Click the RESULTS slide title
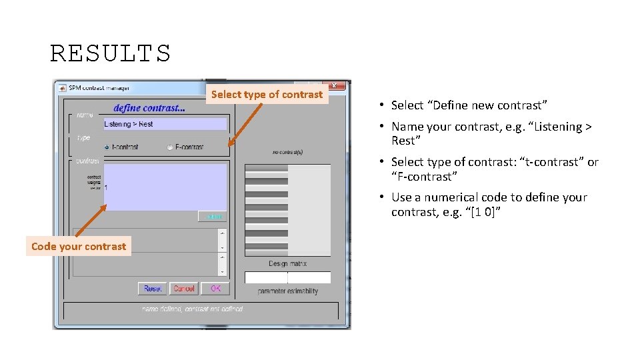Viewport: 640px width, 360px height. (111, 53)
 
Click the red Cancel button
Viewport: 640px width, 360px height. (183, 289)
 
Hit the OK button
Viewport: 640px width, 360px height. (215, 289)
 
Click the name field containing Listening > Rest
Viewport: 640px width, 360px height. (165, 124)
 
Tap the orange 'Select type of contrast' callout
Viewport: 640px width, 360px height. (267, 95)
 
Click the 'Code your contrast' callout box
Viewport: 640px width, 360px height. (79, 247)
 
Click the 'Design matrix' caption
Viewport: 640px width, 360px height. (287, 264)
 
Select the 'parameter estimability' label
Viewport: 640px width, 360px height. (287, 291)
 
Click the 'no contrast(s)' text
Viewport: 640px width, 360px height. (287, 152)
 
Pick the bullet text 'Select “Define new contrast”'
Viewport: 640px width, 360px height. (469, 105)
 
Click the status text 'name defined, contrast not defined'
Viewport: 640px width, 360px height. (193, 309)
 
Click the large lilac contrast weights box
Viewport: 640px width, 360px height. (165, 187)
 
